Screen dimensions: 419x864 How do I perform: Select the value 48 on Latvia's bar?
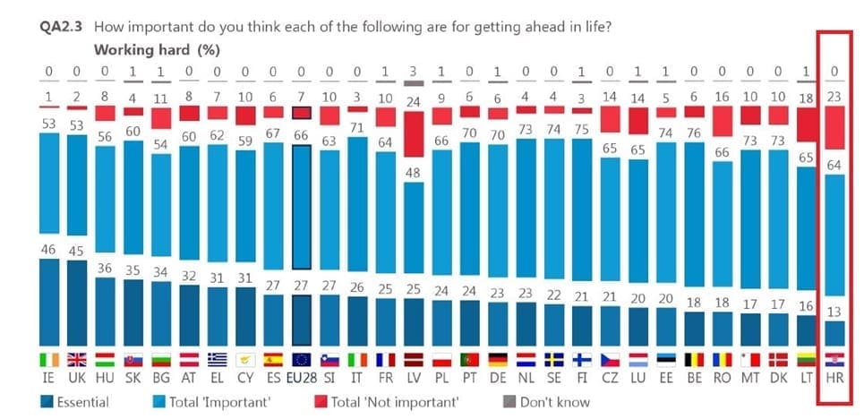413,172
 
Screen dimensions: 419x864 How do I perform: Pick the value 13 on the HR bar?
834,310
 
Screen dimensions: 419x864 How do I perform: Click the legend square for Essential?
47,403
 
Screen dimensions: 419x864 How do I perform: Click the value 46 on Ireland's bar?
48,249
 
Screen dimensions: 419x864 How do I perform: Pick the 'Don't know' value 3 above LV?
413,71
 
